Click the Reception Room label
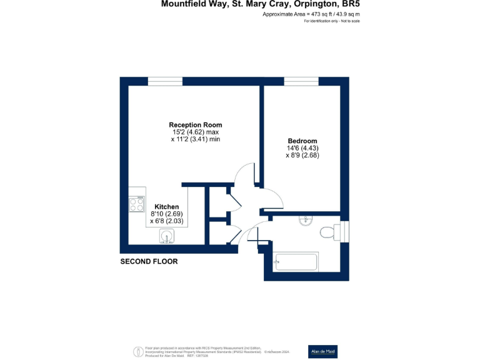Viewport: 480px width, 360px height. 195,124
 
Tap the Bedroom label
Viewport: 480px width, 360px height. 302,141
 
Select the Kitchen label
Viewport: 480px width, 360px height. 167,207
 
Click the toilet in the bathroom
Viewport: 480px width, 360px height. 327,232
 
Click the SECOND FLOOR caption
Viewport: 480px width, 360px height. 149,262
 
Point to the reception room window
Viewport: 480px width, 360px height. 165,81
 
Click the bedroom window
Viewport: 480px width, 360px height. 302,81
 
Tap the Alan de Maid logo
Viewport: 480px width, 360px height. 323,351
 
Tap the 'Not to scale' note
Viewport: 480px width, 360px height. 349,21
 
